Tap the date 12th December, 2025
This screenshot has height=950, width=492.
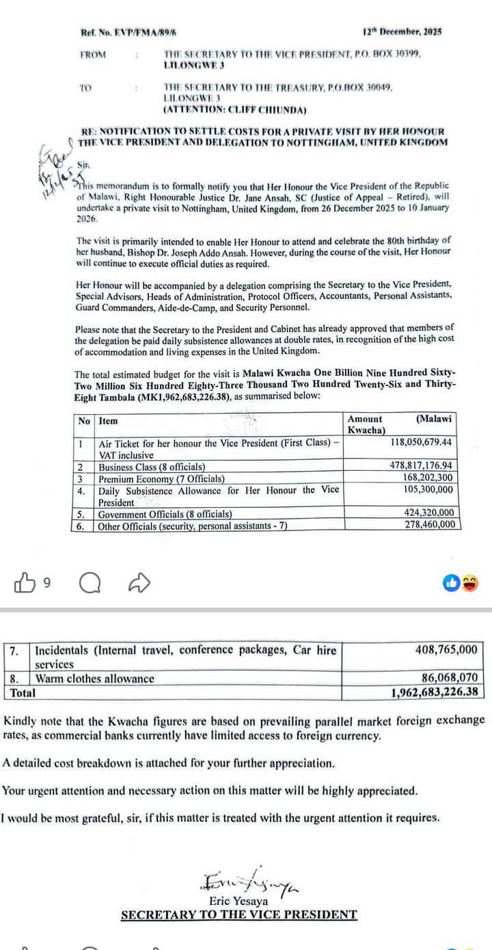401,31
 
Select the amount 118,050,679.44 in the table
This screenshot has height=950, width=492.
421,442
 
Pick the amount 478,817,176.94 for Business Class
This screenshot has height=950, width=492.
420,466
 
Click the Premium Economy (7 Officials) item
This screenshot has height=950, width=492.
162,478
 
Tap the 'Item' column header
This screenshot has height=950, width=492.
108,421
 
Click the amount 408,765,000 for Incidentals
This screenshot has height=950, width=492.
447,650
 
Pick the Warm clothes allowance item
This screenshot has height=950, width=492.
95,679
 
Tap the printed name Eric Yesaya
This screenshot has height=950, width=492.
238,901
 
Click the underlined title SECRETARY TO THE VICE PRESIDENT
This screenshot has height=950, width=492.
238,915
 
